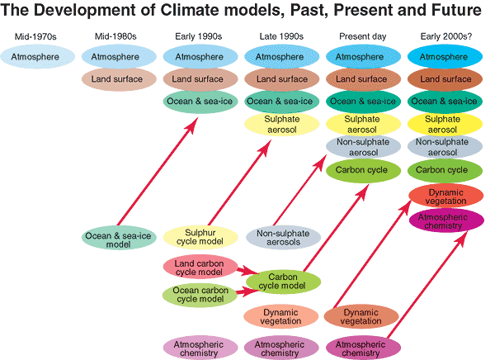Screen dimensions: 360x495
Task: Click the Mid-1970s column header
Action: tap(35, 37)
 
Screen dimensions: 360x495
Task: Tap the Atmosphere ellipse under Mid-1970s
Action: tap(35, 57)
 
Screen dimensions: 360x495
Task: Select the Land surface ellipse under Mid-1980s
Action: tap(118, 79)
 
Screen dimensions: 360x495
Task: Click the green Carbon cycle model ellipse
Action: tap(283, 281)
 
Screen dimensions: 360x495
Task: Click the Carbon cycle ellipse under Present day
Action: tap(363, 171)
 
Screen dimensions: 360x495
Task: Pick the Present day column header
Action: tap(363, 37)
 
